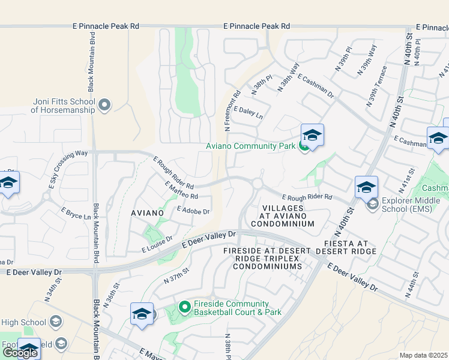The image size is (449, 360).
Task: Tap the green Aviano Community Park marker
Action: tap(304, 146)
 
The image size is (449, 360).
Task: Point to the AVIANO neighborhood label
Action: tap(147, 213)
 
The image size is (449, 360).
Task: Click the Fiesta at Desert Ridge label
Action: tap(350, 247)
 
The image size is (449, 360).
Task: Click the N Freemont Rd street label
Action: tap(232, 111)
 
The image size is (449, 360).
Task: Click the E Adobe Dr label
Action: tap(193, 211)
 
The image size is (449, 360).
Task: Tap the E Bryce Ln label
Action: tap(76, 212)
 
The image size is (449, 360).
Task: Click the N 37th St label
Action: tap(176, 277)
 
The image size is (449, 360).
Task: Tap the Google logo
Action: tap(20, 352)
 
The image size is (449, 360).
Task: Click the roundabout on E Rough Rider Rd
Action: tap(258, 183)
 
